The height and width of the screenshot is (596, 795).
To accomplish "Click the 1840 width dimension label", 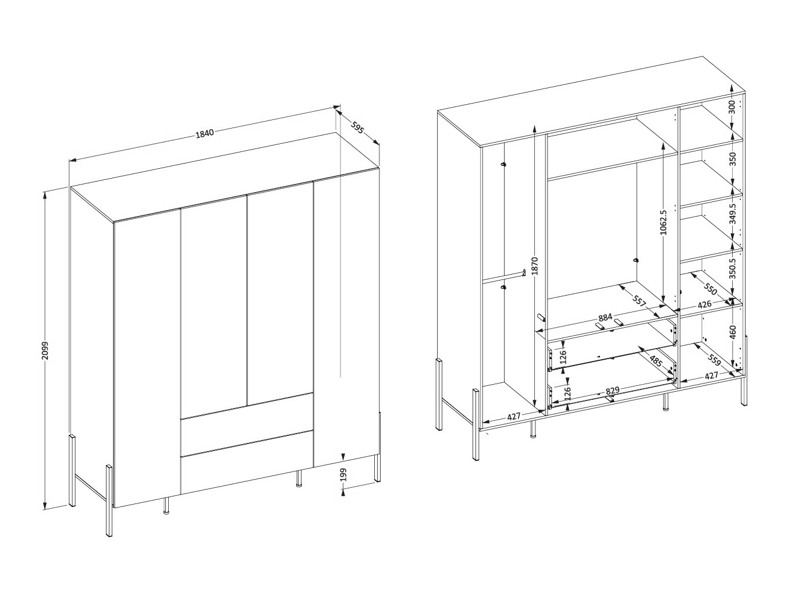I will click(205, 133).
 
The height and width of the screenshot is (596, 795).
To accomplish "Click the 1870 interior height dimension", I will click(535, 266).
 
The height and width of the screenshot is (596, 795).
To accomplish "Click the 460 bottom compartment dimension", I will click(733, 332).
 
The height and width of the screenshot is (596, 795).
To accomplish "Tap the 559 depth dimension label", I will click(714, 361).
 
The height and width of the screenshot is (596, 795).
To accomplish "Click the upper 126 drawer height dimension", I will click(563, 356).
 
